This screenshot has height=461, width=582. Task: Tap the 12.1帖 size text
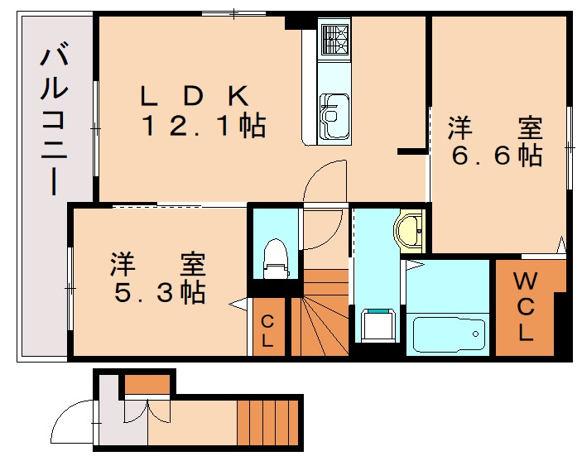click(204, 127)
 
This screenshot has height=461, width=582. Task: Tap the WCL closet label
click(527, 306)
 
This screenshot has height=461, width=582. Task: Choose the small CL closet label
click(267, 330)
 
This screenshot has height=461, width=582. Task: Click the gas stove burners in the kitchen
click(334, 39)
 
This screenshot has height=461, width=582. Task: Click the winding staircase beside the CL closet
click(318, 319)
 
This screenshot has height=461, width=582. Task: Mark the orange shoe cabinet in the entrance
click(147, 384)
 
